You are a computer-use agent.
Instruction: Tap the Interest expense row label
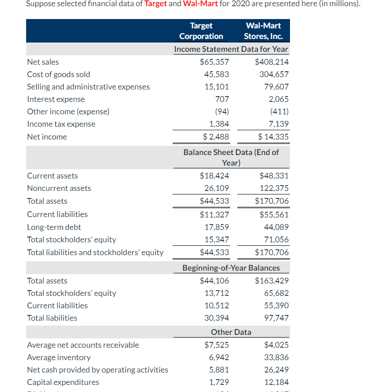tap(56, 99)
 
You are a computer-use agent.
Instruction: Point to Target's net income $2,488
tap(216, 137)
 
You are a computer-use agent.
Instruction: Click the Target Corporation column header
tap(201, 31)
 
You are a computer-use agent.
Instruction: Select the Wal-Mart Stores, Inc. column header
tap(263, 31)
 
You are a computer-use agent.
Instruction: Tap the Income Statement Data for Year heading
tap(231, 49)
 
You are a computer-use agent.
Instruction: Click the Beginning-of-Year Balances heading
tap(231, 268)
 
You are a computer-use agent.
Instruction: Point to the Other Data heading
tap(231, 332)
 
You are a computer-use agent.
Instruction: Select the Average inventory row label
tap(59, 357)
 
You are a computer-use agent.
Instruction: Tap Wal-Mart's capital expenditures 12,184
tap(276, 382)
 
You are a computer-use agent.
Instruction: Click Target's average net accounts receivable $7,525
tap(216, 345)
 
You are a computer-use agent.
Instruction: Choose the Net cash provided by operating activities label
tap(97, 370)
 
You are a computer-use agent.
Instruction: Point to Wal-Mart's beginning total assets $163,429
tap(272, 281)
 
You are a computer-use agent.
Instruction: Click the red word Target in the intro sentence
tap(156, 4)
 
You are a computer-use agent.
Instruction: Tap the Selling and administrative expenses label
tap(88, 87)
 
